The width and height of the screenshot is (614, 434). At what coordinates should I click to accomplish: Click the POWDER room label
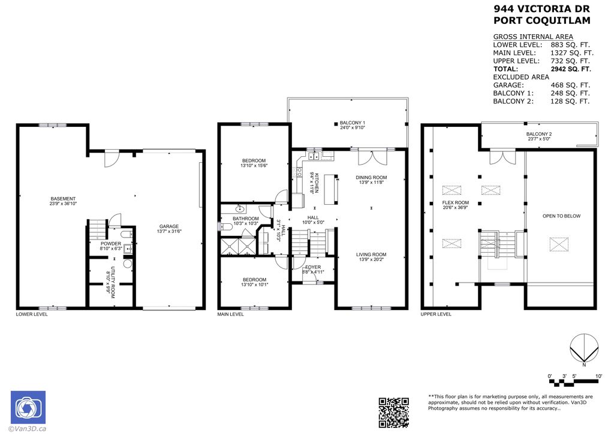coord(110,244)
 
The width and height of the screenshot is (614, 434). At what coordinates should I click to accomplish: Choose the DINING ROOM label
coord(372,177)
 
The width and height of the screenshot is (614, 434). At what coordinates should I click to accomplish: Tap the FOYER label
coord(313,267)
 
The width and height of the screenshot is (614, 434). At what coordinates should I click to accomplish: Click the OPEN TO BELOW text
coord(561,216)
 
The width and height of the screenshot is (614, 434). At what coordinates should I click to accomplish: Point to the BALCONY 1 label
coord(352,122)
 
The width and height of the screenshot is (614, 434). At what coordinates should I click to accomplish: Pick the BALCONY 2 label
coord(538,134)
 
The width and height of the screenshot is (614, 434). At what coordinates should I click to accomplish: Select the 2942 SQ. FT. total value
coord(570,69)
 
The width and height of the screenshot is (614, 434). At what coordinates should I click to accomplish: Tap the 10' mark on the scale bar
coord(598,376)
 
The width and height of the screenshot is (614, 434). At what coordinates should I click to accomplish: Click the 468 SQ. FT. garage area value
coord(570,85)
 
